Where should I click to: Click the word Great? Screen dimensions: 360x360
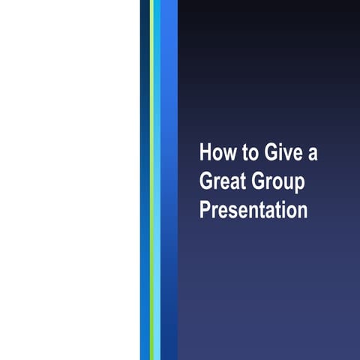pos(222,181)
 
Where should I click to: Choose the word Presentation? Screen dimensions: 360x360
pos(253,209)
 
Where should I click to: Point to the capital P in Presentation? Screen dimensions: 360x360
pos(205,209)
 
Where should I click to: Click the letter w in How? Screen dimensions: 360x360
pos(228,154)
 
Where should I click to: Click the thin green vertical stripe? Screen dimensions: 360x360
pos(151,180)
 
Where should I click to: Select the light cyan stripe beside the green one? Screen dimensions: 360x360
pos(157,180)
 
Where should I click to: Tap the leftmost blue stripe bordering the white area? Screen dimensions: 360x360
pos(145,180)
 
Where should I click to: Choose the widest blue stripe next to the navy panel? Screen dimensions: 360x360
pos(169,180)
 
